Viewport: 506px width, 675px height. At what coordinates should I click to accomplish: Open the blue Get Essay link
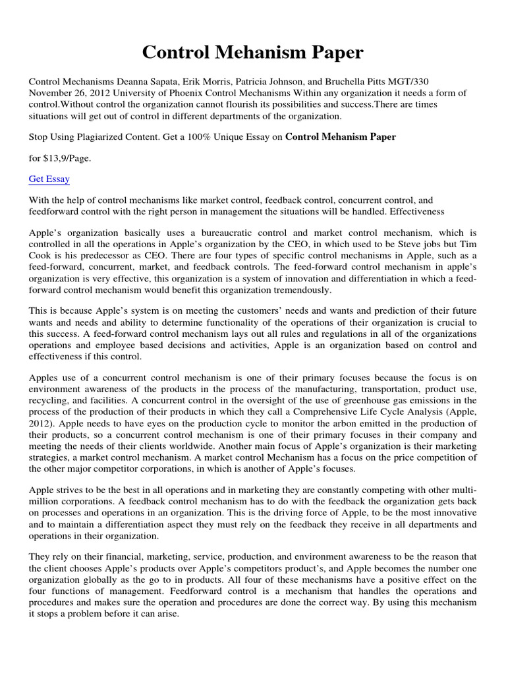[49, 179]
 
